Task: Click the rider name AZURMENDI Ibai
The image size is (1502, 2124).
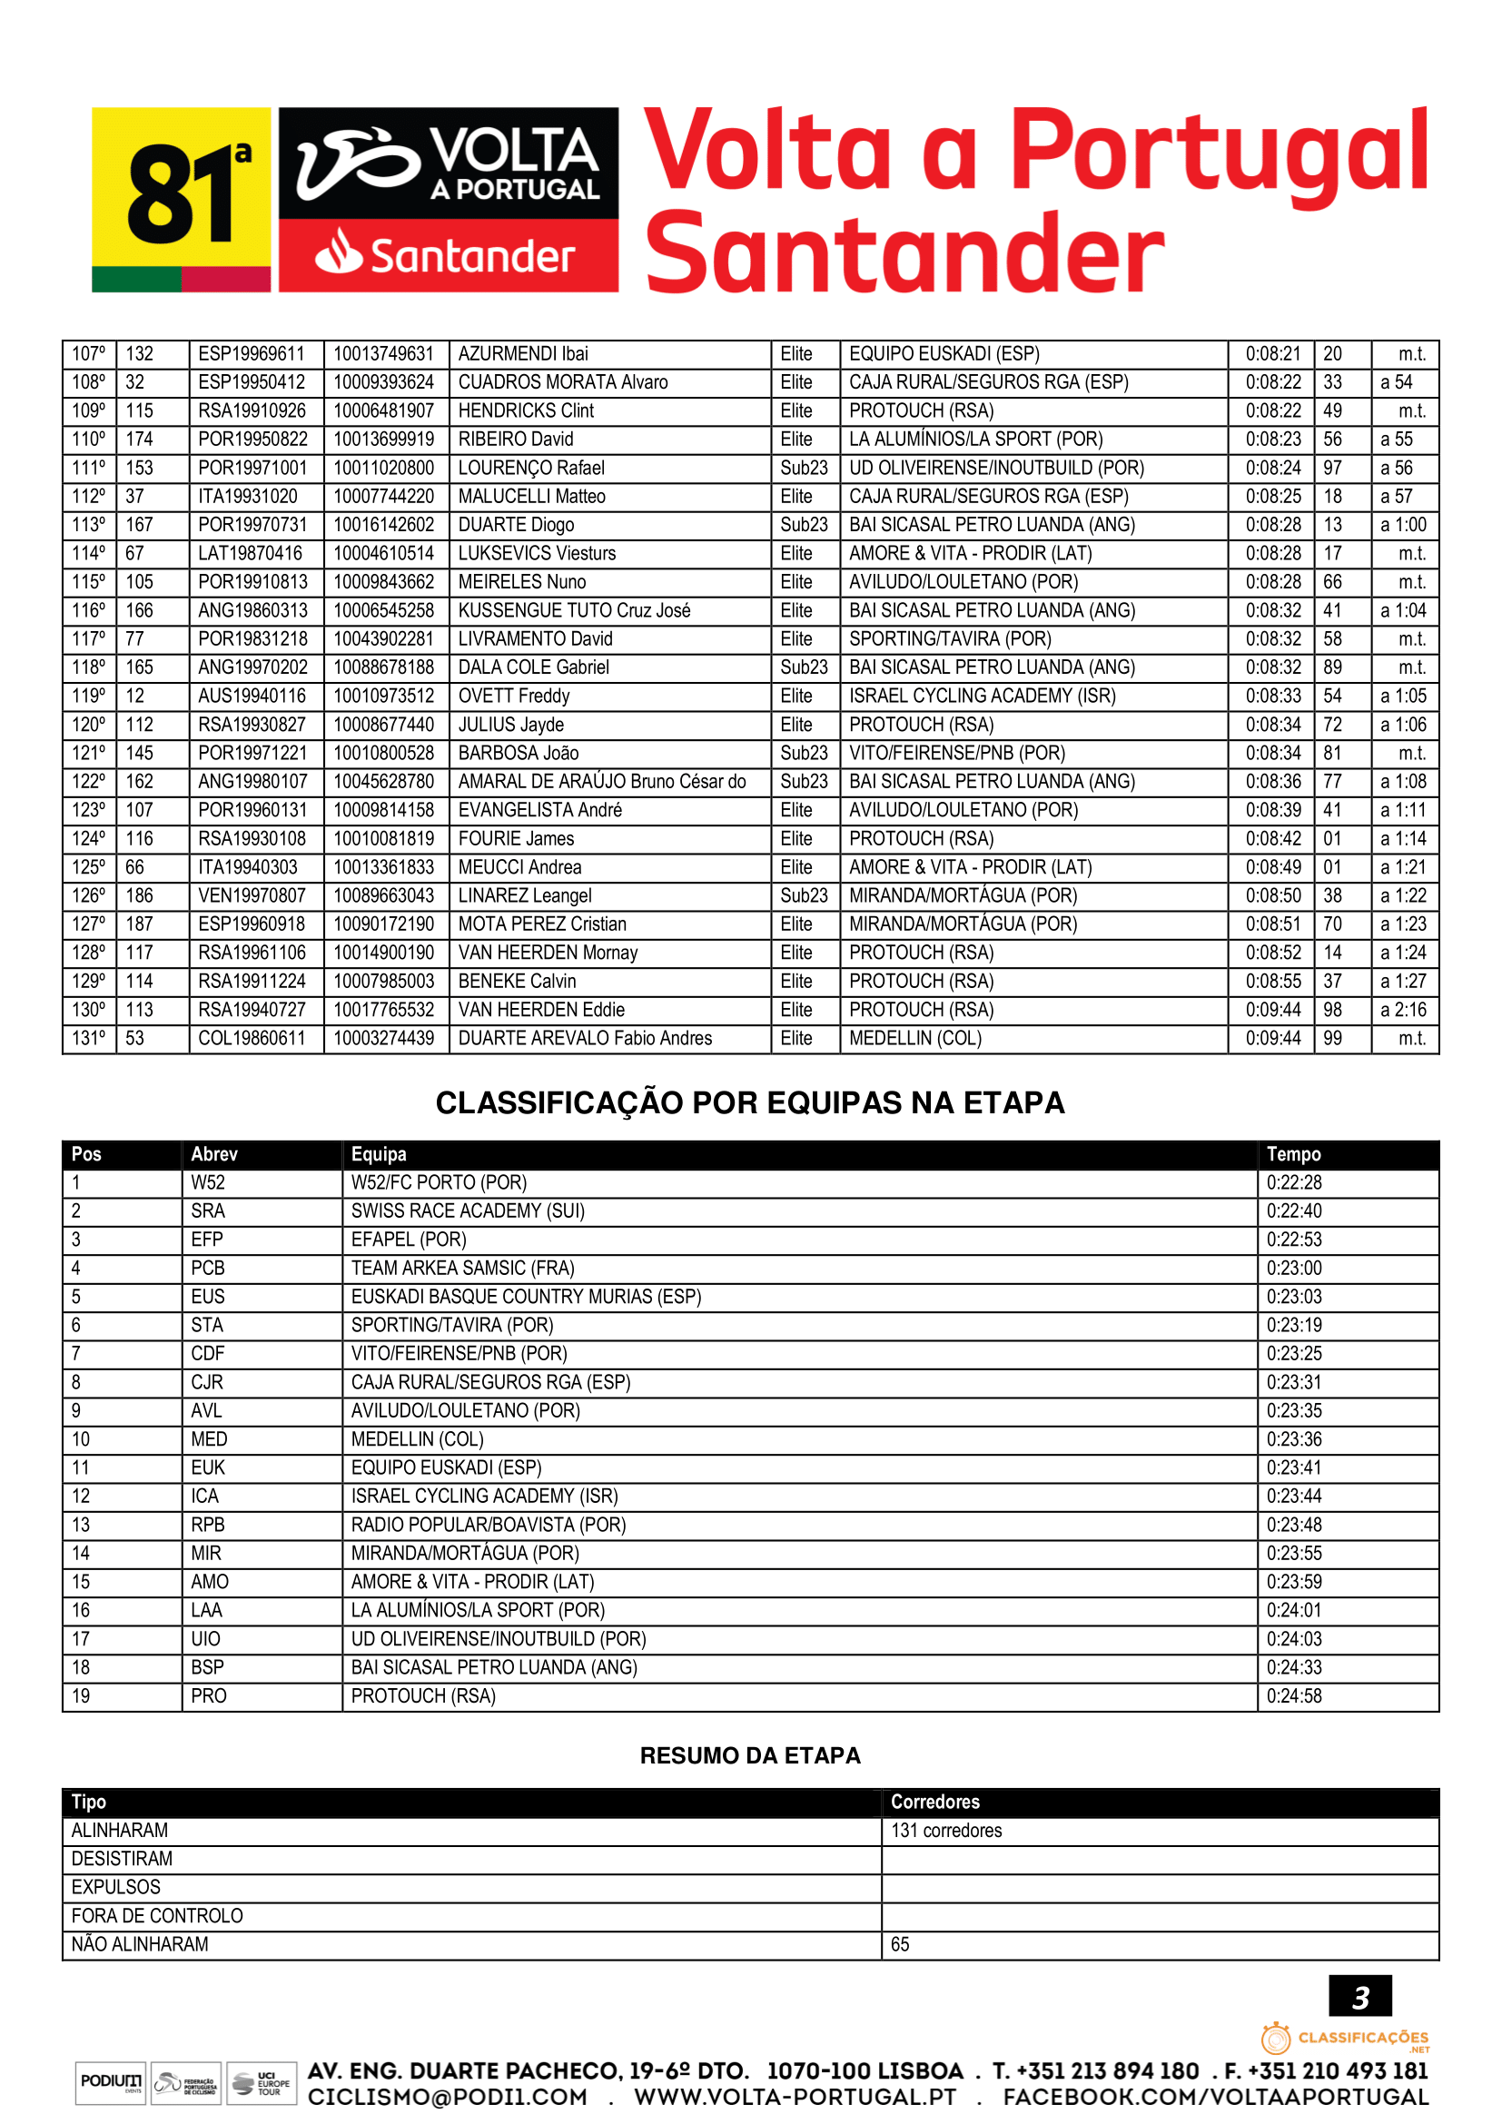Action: (x=522, y=354)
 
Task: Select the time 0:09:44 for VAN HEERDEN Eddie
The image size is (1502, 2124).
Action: (x=1271, y=1010)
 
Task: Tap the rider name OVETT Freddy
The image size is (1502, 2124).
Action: (x=513, y=696)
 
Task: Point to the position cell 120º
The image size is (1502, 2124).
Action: (x=89, y=726)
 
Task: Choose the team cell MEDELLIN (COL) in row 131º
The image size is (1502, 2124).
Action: (x=914, y=1039)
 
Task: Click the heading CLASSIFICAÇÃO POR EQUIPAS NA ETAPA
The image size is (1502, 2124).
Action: (x=750, y=1103)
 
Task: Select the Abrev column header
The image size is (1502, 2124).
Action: (x=214, y=1154)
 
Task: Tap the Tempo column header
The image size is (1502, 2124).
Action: (x=1293, y=1154)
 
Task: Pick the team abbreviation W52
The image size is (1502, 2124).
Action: (x=208, y=1183)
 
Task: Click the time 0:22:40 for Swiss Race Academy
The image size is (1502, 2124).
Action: (x=1294, y=1212)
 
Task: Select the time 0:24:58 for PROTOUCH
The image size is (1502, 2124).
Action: (x=1294, y=1696)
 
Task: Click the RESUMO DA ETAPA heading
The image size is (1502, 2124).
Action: (x=750, y=1756)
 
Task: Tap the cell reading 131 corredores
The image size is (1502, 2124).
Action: (x=946, y=1831)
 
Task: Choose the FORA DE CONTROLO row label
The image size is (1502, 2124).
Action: (x=157, y=1916)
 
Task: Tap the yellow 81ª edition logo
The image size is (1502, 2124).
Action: (x=182, y=199)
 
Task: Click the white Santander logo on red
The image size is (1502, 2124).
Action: (x=448, y=256)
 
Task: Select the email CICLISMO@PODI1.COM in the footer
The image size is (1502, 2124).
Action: (x=448, y=2098)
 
